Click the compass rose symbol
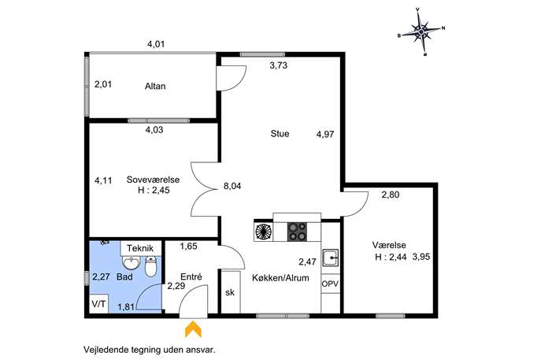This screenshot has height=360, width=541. pyautogui.click(x=421, y=32)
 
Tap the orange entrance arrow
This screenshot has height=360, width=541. pyautogui.click(x=193, y=329)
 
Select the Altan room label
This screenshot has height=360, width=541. pyautogui.click(x=155, y=86)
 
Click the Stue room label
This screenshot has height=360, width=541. pyautogui.click(x=280, y=134)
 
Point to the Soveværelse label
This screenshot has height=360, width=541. pyautogui.click(x=154, y=180)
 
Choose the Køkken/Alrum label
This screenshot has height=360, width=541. pyautogui.click(x=280, y=278)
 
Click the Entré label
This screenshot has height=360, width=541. pyautogui.click(x=191, y=276)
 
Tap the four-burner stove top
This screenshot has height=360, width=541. pyautogui.click(x=297, y=232)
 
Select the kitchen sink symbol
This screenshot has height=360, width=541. pyautogui.click(x=331, y=258)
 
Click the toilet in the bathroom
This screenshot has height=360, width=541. pyautogui.click(x=150, y=266)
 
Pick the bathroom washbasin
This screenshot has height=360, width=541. pyautogui.click(x=132, y=263)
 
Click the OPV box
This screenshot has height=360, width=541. pyautogui.click(x=330, y=284)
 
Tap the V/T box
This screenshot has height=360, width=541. pyautogui.click(x=99, y=304)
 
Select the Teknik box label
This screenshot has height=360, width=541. pyautogui.click(x=140, y=248)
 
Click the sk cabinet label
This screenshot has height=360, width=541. pyautogui.click(x=230, y=292)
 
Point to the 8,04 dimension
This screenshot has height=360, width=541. pyautogui.click(x=232, y=186)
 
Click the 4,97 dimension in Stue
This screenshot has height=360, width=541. pyautogui.click(x=325, y=134)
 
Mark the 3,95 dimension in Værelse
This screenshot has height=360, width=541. pyautogui.click(x=421, y=257)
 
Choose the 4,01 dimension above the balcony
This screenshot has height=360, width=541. pyautogui.click(x=156, y=44)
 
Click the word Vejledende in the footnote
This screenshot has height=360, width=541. pyautogui.click(x=105, y=350)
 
